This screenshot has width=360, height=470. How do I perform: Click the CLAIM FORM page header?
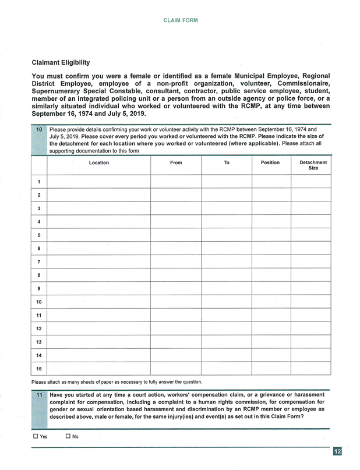[181, 20]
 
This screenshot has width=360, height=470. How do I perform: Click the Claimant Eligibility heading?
[61, 62]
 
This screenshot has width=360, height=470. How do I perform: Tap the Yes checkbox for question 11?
[36, 436]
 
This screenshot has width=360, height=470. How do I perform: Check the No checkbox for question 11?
[68, 436]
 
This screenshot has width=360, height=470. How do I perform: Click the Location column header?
[98, 163]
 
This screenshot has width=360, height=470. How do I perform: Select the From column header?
[176, 163]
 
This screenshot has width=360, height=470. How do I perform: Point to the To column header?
[227, 163]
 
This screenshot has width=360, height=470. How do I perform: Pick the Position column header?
[270, 163]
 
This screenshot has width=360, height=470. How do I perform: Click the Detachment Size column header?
[313, 165]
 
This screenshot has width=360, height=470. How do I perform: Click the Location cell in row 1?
[98, 182]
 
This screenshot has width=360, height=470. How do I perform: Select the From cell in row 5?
[176, 235]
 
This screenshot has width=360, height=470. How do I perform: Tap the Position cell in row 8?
[271, 275]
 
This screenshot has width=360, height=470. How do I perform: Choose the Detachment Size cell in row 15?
[311, 369]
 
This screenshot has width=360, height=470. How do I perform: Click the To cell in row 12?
[227, 329]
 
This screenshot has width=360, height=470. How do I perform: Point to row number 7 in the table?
[39, 262]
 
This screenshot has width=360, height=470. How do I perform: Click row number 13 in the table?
[39, 342]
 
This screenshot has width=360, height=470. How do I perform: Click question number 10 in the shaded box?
[39, 129]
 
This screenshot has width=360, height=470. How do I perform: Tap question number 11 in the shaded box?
[39, 395]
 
